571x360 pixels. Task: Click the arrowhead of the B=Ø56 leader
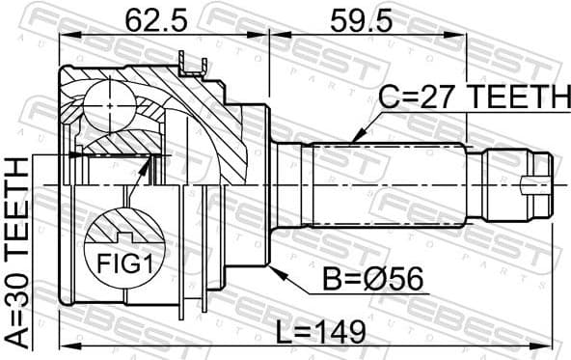[274, 267]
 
